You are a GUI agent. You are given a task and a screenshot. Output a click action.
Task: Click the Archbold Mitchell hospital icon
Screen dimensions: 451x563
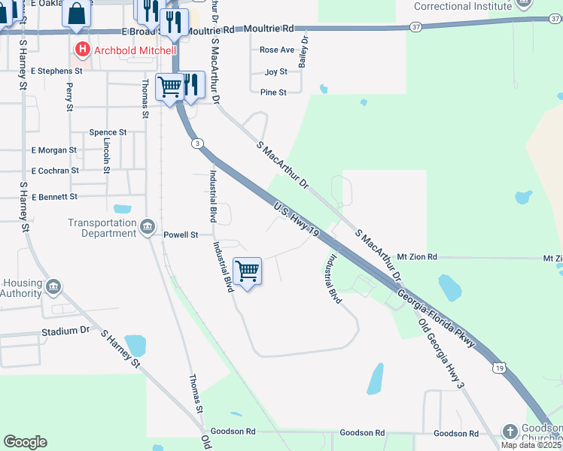click(83, 50)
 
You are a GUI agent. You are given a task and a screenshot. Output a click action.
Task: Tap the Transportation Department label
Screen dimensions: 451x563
click(102, 228)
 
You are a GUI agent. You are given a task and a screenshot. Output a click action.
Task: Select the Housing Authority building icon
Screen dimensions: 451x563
click(53, 287)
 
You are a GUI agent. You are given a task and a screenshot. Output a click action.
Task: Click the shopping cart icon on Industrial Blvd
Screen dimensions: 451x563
click(248, 271)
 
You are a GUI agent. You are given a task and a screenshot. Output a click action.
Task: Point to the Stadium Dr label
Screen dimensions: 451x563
click(65, 331)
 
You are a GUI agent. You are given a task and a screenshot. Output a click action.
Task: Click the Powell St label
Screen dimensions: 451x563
click(181, 235)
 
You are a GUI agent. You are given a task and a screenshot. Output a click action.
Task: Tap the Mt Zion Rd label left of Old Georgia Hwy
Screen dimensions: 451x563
click(417, 257)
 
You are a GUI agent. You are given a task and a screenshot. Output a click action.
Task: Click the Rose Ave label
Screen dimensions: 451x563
click(277, 50)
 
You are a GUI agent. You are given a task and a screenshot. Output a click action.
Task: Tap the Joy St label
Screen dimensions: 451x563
click(276, 72)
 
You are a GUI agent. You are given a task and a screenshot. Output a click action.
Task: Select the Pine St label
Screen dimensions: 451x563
click(273, 92)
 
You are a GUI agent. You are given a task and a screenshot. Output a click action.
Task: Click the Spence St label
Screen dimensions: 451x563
click(108, 132)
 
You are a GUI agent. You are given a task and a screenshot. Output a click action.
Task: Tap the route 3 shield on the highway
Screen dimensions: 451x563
click(196, 143)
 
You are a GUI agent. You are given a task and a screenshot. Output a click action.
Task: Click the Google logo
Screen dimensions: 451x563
click(25, 442)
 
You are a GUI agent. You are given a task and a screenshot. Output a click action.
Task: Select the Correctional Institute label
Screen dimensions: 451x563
click(464, 7)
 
